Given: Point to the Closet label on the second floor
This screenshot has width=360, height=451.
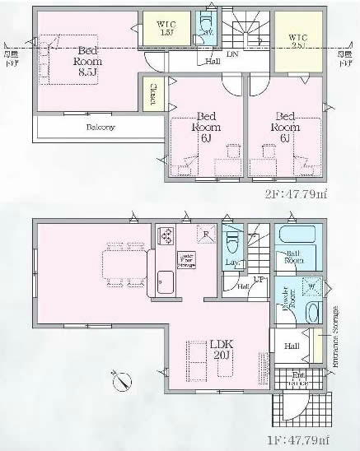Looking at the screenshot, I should pyautogui.click(x=153, y=94).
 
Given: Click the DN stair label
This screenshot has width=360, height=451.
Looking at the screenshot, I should pyautogui.click(x=232, y=53).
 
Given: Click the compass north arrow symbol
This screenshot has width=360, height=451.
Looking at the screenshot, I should pyautogui.click(x=120, y=381).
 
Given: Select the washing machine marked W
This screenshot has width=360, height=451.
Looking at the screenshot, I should pyautogui.click(x=311, y=286).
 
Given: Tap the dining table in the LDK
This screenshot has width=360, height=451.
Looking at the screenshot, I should pyautogui.click(x=122, y=265).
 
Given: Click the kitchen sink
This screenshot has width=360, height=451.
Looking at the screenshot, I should pyautogui.click(x=164, y=284).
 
